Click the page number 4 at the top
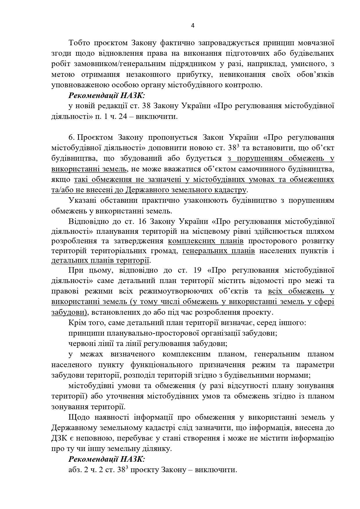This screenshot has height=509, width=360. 193,25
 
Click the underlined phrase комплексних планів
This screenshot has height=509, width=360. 206,241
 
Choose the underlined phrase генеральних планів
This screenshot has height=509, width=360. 218,251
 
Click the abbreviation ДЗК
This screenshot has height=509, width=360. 59,438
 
